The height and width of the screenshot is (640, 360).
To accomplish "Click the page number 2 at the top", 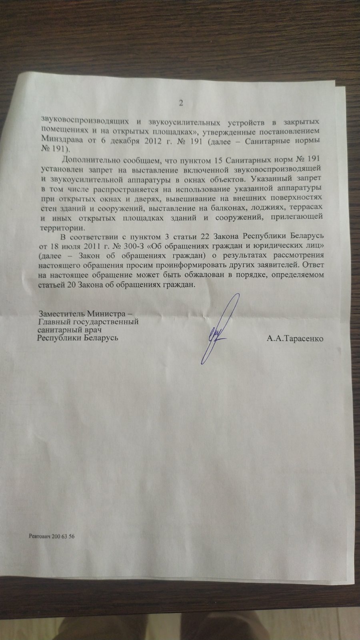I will tap(180, 103).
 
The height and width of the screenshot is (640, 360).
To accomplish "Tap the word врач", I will tap(88, 330).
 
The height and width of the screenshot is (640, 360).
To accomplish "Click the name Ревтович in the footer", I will tap(40, 537).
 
